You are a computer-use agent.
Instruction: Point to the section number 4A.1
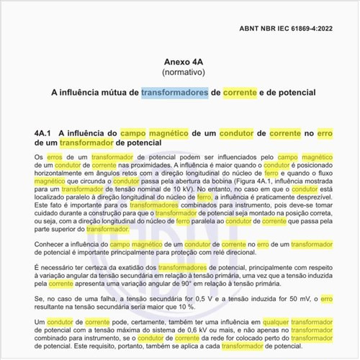[x=46, y=133]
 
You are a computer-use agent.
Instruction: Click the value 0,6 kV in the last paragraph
[x=189, y=332]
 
